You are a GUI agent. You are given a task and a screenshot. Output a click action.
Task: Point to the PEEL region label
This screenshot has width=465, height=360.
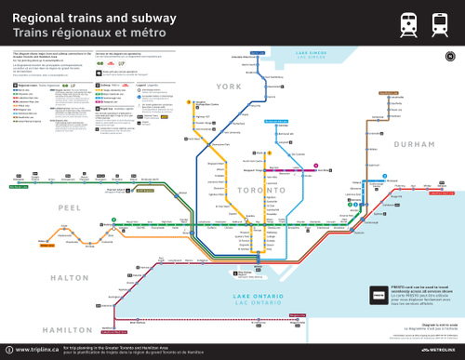(69, 207)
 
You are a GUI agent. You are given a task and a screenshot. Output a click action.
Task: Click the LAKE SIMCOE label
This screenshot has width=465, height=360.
(318, 55)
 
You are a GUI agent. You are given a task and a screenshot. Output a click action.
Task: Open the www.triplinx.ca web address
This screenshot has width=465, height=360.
(34, 350)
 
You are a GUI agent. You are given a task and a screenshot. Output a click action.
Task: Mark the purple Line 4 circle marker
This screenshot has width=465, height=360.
(319, 169)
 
